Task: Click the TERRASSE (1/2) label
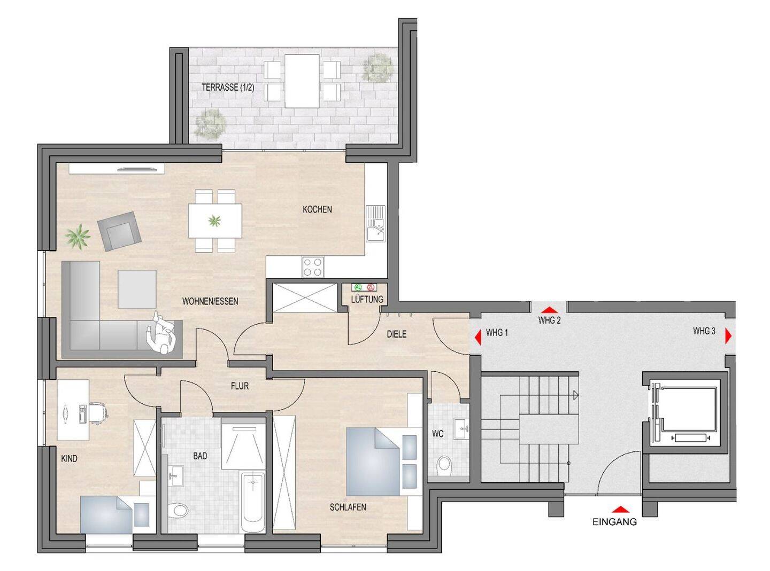click(228, 87)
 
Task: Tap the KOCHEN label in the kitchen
click(317, 209)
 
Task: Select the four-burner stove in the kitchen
click(313, 267)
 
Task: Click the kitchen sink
click(375, 223)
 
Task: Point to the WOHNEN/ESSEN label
click(210, 301)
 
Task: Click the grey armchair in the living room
click(119, 231)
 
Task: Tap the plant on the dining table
click(214, 220)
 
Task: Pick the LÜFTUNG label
click(367, 299)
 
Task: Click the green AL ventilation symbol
click(358, 287)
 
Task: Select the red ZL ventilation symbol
click(371, 287)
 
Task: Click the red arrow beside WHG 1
click(479, 337)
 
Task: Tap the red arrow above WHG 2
click(549, 310)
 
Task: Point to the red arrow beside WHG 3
click(728, 336)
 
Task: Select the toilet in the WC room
click(444, 464)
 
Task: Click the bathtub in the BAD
click(253, 500)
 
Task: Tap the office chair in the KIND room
click(98, 412)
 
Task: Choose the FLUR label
click(240, 386)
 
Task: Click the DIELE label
click(396, 334)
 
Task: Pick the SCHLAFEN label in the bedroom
click(348, 507)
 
